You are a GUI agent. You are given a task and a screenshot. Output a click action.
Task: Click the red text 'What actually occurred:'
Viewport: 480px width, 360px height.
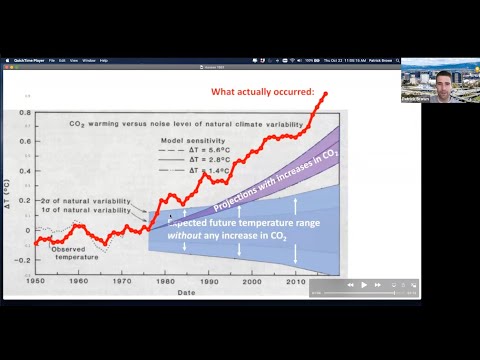pyautogui.click(x=262, y=92)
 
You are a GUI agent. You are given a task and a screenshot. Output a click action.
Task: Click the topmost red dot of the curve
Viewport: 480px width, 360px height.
pyautogui.click(x=325, y=94)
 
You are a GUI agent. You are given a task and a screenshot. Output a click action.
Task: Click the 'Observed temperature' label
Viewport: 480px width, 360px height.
pyautogui.click(x=76, y=253)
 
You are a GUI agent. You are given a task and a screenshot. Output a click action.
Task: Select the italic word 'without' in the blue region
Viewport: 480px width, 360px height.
pyautogui.click(x=183, y=236)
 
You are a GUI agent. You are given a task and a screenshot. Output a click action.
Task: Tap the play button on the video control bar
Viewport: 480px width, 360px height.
pyautogui.click(x=364, y=285)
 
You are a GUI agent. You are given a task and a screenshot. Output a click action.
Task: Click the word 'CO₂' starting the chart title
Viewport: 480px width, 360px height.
pyautogui.click(x=78, y=124)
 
